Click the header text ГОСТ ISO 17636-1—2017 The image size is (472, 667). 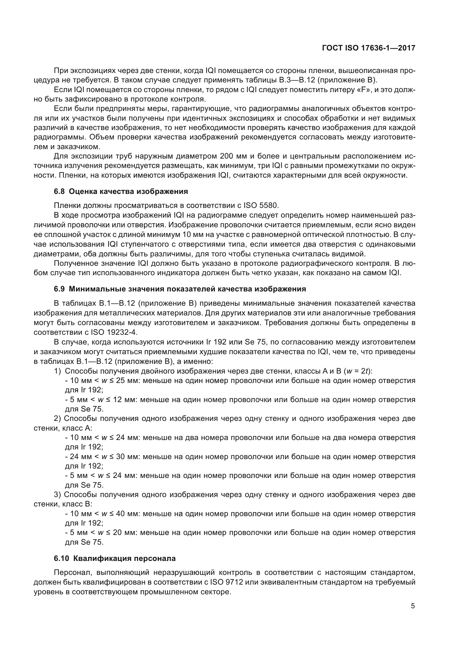coord(368,48)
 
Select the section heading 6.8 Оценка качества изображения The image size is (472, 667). coord(121,191)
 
